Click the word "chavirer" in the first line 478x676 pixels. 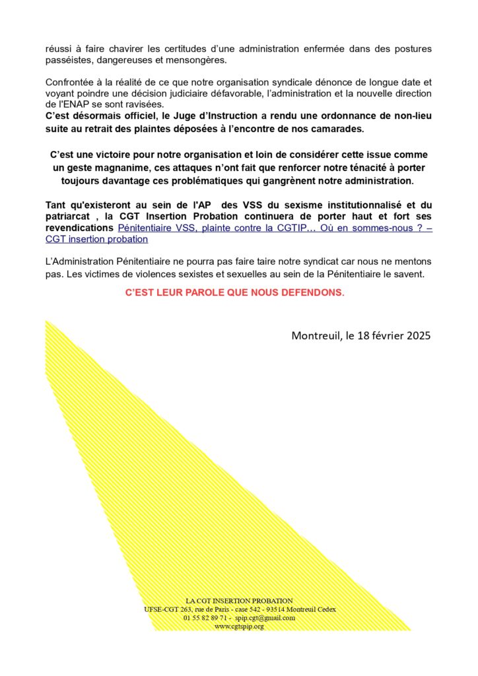coord(118,48)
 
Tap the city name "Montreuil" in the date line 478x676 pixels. coord(316,335)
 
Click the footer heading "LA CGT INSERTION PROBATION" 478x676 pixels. coord(239,601)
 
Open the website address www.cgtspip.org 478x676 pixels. coord(239,626)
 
